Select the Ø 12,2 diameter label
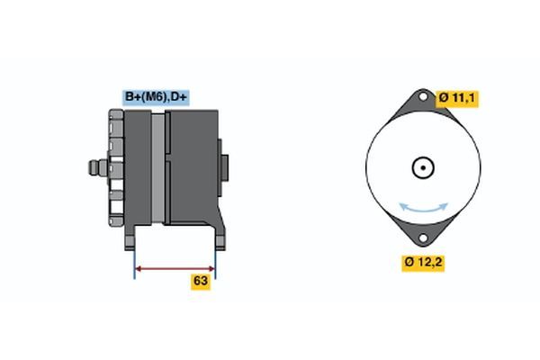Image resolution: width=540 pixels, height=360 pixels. pyautogui.click(x=423, y=263)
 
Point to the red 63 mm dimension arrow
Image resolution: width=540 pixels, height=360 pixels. pyautogui.click(x=175, y=267)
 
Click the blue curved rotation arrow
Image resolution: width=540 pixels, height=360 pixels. pyautogui.click(x=423, y=208)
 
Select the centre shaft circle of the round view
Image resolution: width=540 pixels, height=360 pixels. pyautogui.click(x=422, y=167)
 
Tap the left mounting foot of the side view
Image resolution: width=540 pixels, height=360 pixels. pyautogui.click(x=132, y=236)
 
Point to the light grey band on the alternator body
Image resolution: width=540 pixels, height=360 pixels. pyautogui.click(x=159, y=168)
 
